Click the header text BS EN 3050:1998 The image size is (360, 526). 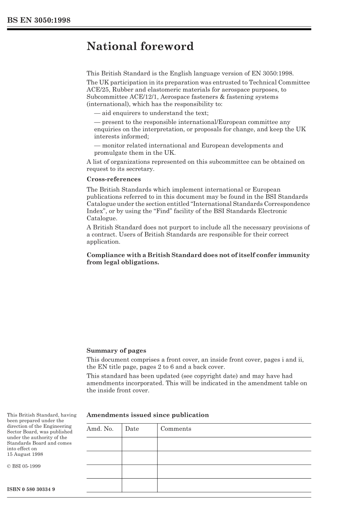click(x=39, y=20)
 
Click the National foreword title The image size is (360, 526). click(x=140, y=47)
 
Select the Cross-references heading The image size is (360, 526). click(x=113, y=179)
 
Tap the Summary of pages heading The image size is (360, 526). click(x=116, y=350)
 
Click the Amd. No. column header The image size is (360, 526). click(x=100, y=429)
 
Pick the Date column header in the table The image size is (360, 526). click(x=132, y=429)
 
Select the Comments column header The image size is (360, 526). click(x=176, y=429)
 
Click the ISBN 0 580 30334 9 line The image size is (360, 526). click(x=31, y=489)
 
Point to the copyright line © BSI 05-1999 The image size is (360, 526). click(x=23, y=466)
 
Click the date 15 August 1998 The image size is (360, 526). click(x=25, y=454)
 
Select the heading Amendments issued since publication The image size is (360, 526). click(x=147, y=415)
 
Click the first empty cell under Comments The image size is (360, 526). click(x=234, y=444)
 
